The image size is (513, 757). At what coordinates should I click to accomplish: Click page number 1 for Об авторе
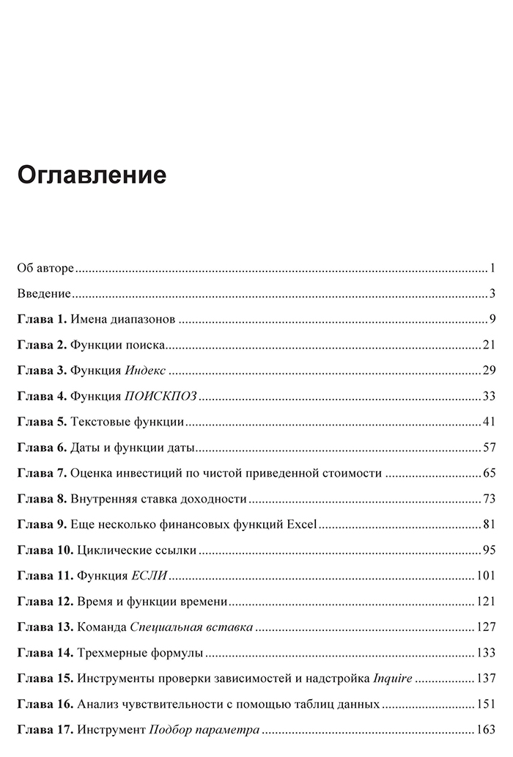tap(495, 268)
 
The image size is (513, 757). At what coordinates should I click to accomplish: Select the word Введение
tap(44, 293)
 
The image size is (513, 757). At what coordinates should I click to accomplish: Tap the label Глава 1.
tap(42, 318)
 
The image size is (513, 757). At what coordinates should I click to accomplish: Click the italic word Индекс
tap(146, 370)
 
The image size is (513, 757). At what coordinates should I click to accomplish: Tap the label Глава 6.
tap(42, 447)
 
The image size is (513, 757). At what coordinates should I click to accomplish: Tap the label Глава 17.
tap(45, 731)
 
